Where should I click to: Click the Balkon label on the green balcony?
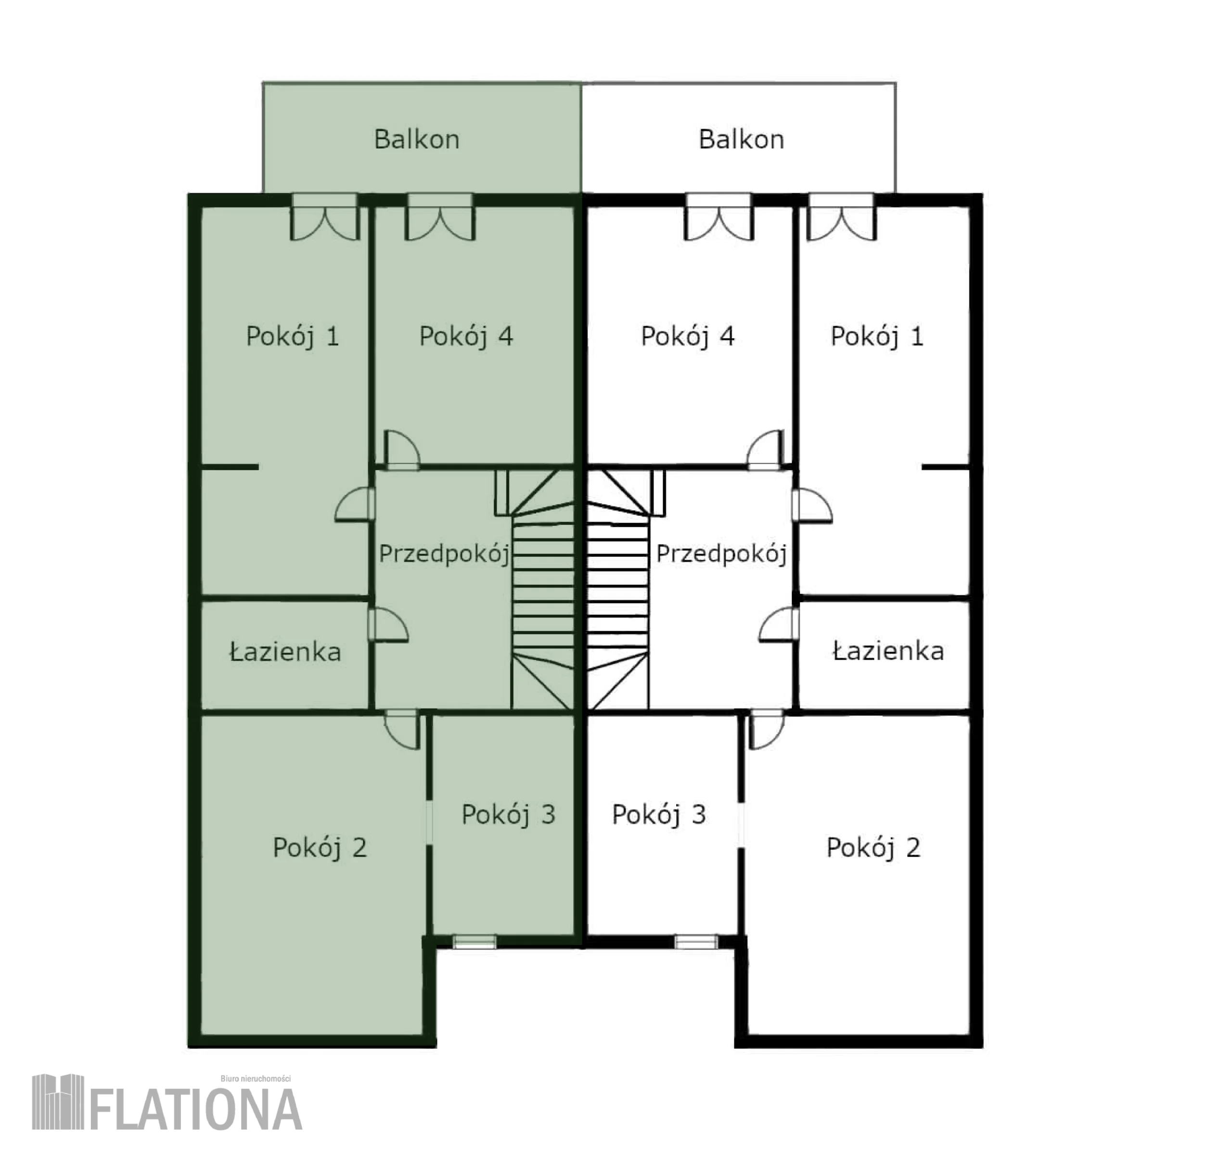tap(416, 140)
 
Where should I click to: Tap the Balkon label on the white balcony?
tap(741, 140)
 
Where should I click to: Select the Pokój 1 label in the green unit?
tap(293, 337)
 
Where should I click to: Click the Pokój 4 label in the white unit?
tap(687, 337)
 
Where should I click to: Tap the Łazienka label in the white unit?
tap(888, 651)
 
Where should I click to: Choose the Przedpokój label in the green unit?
tap(444, 554)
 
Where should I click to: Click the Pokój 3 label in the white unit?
tap(659, 815)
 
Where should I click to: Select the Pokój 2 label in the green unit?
tap(320, 848)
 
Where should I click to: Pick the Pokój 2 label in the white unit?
tap(873, 848)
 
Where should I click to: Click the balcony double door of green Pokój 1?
tap(325, 217)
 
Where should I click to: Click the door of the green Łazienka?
tap(388, 625)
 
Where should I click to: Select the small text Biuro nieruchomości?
tap(256, 1079)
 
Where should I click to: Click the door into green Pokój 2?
tap(402, 731)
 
